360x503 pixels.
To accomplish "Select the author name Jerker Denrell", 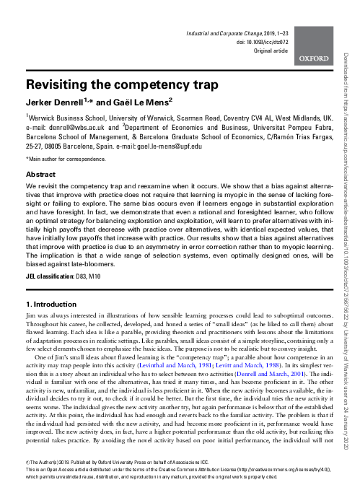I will [x=63, y=102].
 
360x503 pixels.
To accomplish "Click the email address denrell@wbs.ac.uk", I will [x=77, y=126].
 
